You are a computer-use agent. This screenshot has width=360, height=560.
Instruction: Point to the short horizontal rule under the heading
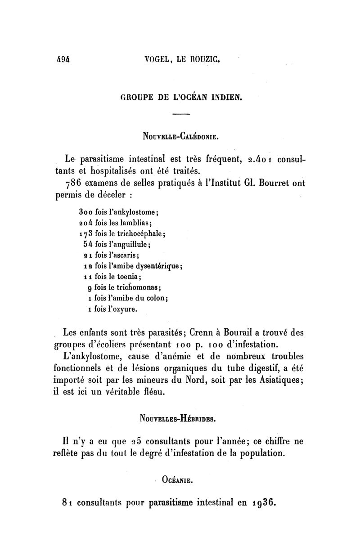pos(181,114)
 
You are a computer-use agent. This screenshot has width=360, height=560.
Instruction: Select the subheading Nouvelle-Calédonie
pos(181,136)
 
